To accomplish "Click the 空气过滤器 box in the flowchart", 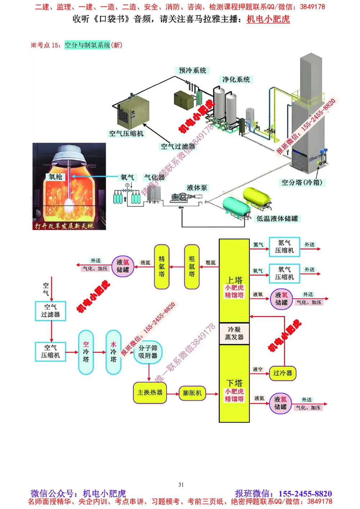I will pyautogui.click(x=50, y=311).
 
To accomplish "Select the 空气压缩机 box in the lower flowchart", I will pyautogui.click(x=50, y=351).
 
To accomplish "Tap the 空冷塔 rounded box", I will pyautogui.click(x=86, y=352).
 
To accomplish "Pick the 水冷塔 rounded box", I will pyautogui.click(x=113, y=352).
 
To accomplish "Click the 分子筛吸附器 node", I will pyautogui.click(x=148, y=352).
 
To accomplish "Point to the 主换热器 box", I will pyautogui.click(x=150, y=392).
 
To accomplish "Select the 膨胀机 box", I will pyautogui.click(x=192, y=393).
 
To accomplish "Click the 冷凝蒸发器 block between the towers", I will pyautogui.click(x=234, y=333).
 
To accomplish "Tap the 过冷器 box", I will pyautogui.click(x=283, y=373).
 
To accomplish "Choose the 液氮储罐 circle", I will pyautogui.click(x=280, y=403).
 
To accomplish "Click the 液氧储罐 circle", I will pyautogui.click(x=281, y=299).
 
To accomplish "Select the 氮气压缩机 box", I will pyautogui.click(x=284, y=247).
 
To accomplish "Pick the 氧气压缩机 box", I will pyautogui.click(x=284, y=273).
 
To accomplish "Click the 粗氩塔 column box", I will pyautogui.click(x=192, y=267).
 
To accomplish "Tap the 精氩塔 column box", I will pyautogui.click(x=162, y=267).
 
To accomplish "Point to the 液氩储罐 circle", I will pyautogui.click(x=123, y=266).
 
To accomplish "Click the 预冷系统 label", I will pyautogui.click(x=193, y=71).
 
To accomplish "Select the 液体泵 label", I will pyautogui.click(x=197, y=188).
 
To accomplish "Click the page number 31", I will pyautogui.click(x=181, y=485).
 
